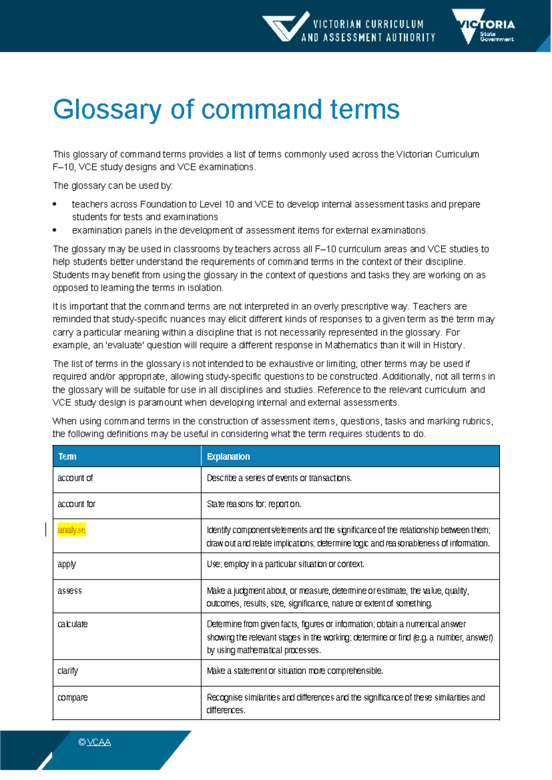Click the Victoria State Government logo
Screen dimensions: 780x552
(483, 26)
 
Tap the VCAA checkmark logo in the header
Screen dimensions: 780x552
(285, 27)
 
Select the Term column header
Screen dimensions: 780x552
(67, 457)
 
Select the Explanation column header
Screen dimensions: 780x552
(228, 457)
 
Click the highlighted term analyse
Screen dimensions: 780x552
(71, 530)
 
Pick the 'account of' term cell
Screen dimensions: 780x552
(75, 478)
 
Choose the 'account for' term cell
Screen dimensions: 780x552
(76, 504)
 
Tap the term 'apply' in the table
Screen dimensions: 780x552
(67, 564)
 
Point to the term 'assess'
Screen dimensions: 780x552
(69, 591)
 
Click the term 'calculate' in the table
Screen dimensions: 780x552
(72, 624)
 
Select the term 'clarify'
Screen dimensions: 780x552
(68, 671)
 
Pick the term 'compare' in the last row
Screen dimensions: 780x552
(72, 697)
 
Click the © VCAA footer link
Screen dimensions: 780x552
(95, 742)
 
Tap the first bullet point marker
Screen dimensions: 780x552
(55, 204)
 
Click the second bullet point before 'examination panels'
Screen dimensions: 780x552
(55, 230)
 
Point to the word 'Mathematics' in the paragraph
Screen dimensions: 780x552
(351, 345)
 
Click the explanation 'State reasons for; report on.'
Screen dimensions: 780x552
(254, 504)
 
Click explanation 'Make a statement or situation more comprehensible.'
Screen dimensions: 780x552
(295, 671)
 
